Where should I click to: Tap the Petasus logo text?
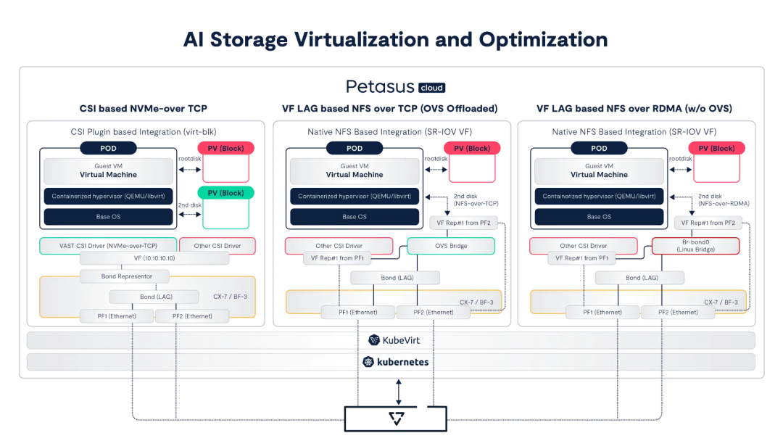[x=379, y=88]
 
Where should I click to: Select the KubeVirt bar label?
[x=391, y=340]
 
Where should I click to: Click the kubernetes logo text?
[x=396, y=362]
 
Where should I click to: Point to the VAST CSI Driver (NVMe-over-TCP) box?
[x=108, y=246]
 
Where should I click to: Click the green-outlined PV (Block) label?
[x=225, y=193]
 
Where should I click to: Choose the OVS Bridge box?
[x=451, y=246]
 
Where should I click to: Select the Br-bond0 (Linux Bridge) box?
[x=695, y=246]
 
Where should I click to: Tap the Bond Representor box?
[x=124, y=276]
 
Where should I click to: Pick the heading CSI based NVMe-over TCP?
[x=143, y=109]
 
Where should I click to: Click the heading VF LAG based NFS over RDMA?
[x=634, y=109]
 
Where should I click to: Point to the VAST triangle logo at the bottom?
[x=395, y=419]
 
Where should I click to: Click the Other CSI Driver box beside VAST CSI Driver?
[x=217, y=246]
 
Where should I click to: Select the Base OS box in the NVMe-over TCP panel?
[x=109, y=217]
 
